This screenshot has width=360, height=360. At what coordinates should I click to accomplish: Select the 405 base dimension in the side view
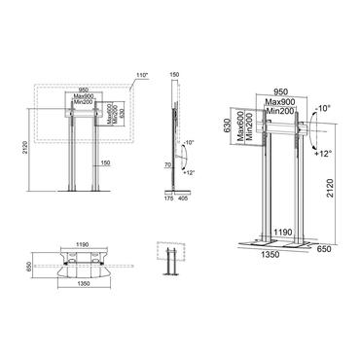185,209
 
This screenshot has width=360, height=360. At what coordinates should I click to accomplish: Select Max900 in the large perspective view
279,104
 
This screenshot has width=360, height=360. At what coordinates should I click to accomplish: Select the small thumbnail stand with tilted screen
169,258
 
